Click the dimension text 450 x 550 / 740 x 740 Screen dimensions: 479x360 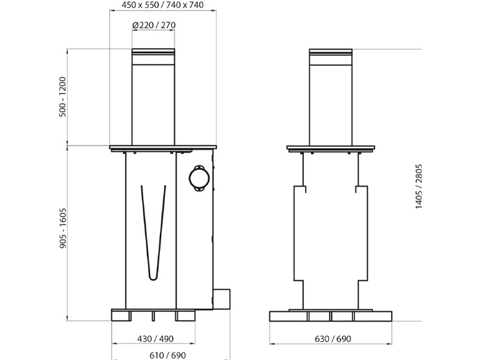(163, 5)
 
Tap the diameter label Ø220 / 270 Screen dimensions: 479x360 (154, 25)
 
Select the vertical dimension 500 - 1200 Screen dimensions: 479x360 (63, 96)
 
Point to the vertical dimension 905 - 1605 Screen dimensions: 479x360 (63, 228)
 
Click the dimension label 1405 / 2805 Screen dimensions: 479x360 (418, 187)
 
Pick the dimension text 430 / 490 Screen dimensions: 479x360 (155, 339)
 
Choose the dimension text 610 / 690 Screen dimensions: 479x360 (168, 355)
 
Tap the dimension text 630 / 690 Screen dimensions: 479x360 (332, 339)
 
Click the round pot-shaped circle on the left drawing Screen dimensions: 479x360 (199, 178)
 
